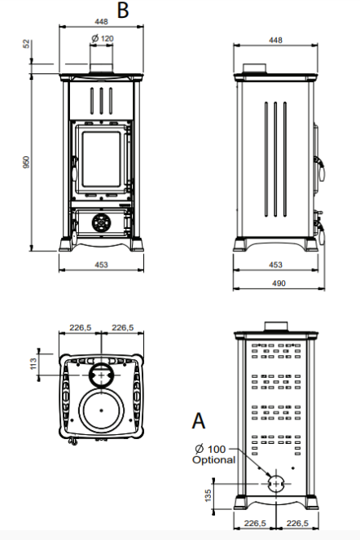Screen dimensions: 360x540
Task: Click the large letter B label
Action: [123, 10]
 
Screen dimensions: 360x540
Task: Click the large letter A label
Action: [199, 420]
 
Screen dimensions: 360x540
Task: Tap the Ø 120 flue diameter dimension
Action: [103, 38]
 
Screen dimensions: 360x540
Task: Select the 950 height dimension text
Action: [27, 162]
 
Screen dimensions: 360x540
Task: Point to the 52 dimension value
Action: [27, 44]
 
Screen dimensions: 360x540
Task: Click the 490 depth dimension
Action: [279, 283]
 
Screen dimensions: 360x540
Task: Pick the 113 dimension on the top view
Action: [33, 364]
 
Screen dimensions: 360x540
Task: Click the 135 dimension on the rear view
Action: [208, 495]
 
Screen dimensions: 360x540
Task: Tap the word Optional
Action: [214, 459]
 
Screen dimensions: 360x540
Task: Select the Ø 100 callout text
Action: [210, 449]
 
